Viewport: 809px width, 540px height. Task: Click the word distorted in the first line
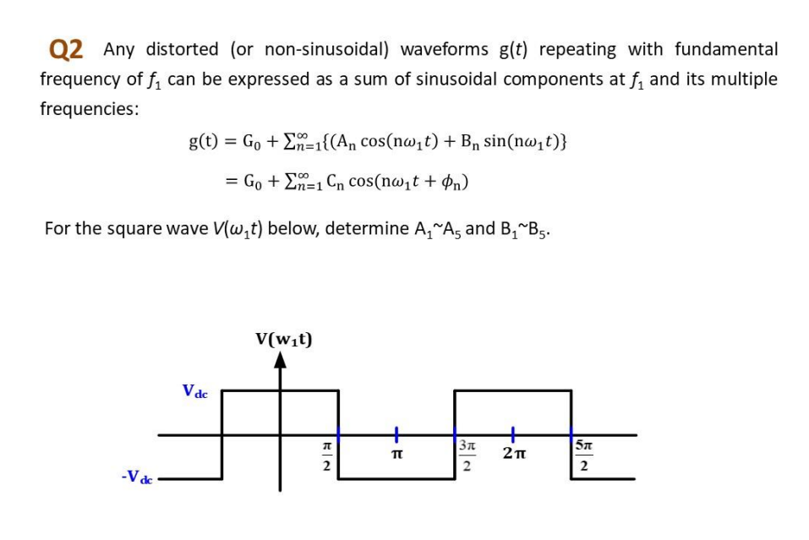[x=181, y=50]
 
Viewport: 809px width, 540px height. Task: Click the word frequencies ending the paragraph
[x=90, y=109]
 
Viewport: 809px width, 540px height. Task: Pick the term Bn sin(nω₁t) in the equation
[x=513, y=141]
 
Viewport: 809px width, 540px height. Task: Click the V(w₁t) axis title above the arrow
[x=284, y=340]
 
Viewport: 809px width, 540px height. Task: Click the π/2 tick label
[x=325, y=457]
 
